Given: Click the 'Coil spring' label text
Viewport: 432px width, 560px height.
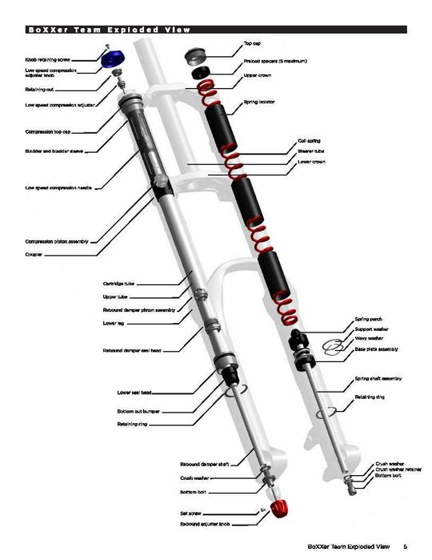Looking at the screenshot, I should click(309, 141).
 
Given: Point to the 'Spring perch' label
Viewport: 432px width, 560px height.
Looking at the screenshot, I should click(368, 319).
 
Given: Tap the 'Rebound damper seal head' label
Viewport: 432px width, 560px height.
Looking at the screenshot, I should click(132, 351).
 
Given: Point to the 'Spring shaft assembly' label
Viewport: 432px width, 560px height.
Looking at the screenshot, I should click(378, 378).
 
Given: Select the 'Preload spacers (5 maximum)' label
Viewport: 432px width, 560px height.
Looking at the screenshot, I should click(275, 61).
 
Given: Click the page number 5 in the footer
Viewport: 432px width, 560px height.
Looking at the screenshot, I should click(405, 546).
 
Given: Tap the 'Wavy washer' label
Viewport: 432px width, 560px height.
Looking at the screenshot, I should click(369, 338).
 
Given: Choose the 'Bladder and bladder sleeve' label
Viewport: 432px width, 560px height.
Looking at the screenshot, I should click(55, 150).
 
